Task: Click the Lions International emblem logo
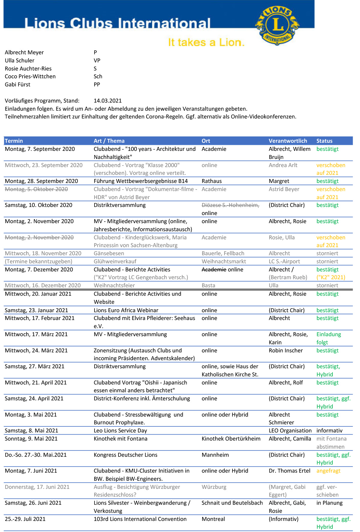pos(277,25)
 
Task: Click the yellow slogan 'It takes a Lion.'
pos(206,43)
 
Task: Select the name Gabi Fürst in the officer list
pos(18,85)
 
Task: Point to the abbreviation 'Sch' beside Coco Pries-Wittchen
pos(98,76)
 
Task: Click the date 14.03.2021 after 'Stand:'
pos(107,101)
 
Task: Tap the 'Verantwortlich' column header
pos(288,141)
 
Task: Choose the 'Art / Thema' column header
pos(109,141)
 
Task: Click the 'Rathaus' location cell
pos(211,181)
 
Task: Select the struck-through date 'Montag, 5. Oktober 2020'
pos(36,189)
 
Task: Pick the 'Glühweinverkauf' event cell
pos(115,262)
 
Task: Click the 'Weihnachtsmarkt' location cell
pos(224,262)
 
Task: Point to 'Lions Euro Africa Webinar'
pos(126,310)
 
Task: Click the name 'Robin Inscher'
pos(286,351)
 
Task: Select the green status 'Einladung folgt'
pos(328,338)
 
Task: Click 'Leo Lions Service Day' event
pos(120,431)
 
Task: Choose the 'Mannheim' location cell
pos(215,455)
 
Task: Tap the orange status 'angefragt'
pos(328,471)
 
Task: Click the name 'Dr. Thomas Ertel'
pos(289,471)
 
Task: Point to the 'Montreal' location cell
pos(213,519)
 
